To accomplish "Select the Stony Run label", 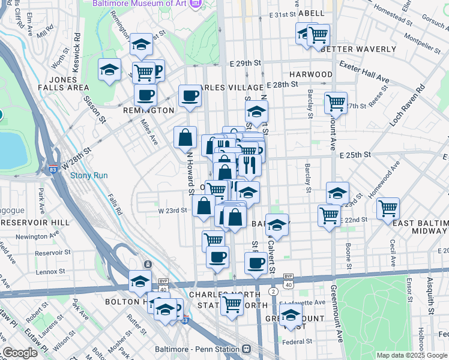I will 89,176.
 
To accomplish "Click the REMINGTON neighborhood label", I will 148,110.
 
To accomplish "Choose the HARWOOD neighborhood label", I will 310,74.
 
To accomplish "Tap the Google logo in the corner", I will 20,353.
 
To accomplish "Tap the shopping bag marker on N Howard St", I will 185,137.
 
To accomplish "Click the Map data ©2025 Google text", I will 412,355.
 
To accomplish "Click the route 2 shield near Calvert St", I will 273,291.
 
